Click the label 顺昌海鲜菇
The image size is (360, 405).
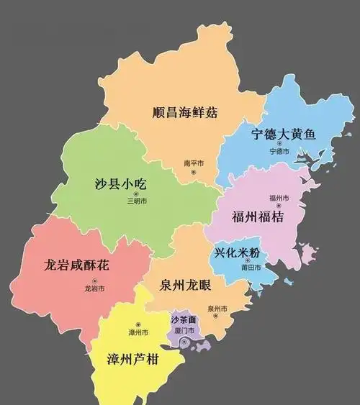point(185,113)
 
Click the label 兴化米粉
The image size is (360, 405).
point(241,253)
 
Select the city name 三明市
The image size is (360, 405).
point(137,201)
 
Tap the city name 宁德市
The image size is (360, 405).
point(279,152)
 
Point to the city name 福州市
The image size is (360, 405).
point(279,198)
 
